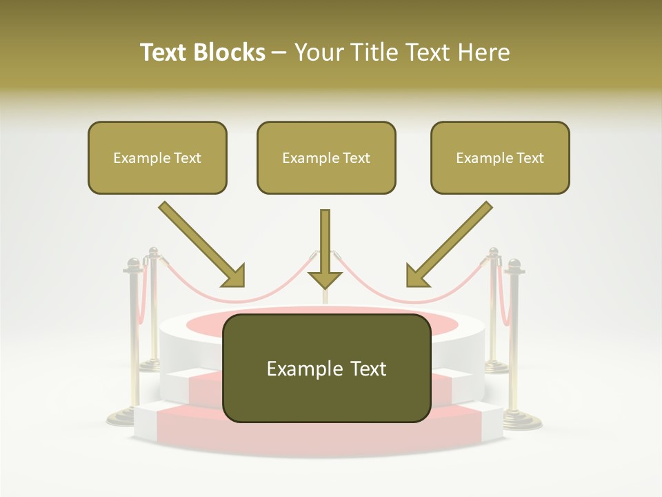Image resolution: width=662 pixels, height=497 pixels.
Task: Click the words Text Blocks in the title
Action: click(202, 52)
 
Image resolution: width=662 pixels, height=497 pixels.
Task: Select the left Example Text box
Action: click(157, 157)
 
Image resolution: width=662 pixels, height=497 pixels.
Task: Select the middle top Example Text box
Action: click(326, 157)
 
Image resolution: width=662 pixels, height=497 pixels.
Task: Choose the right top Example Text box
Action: click(500, 157)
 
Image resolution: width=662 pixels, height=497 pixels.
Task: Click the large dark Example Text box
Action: click(326, 369)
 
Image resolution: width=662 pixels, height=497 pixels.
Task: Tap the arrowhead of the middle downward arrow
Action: click(325, 279)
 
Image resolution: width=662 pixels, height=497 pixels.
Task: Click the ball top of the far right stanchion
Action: click(514, 264)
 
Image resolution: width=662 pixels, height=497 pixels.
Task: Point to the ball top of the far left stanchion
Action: click(133, 263)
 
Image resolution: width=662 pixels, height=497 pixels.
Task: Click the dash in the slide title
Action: click(279, 53)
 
